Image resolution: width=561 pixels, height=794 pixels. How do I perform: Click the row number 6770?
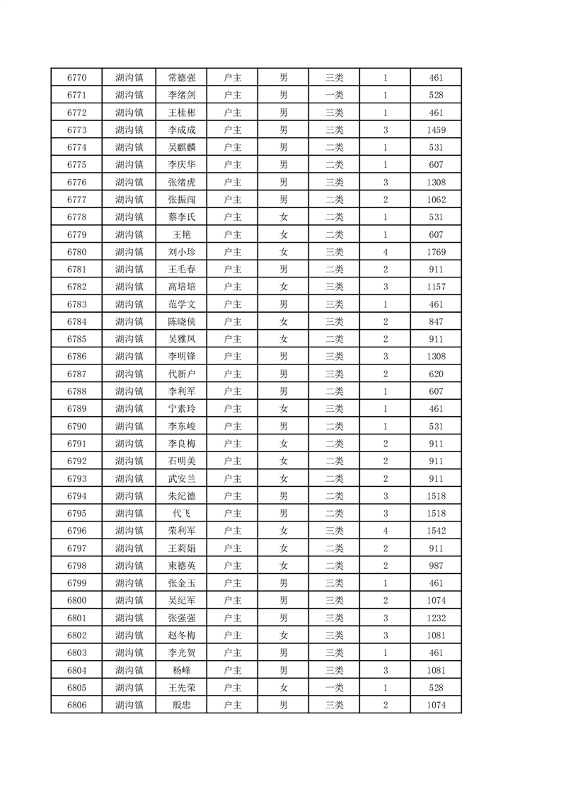[x=76, y=78]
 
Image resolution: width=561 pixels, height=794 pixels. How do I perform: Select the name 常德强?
[x=182, y=78]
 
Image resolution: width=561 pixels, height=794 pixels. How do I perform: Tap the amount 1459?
[x=436, y=130]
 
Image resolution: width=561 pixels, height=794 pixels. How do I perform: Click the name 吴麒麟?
[x=182, y=147]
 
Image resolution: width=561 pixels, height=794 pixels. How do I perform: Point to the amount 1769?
[x=436, y=252]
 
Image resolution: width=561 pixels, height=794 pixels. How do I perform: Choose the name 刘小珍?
[x=182, y=252]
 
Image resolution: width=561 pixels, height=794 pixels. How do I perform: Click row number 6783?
[x=76, y=304]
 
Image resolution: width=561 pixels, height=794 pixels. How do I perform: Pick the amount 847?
[x=436, y=321]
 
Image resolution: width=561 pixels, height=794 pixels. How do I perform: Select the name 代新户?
[x=182, y=374]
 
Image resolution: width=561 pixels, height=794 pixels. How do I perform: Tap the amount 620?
[x=436, y=374]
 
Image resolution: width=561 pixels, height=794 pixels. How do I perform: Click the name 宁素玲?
[x=182, y=409]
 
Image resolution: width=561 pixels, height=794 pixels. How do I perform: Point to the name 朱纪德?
[x=182, y=496]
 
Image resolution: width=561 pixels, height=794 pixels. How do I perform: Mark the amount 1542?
[x=436, y=531]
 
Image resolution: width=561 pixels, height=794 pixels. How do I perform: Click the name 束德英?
[x=182, y=565]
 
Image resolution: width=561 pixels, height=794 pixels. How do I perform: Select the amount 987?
[x=436, y=565]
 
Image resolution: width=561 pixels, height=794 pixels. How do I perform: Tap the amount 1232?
[x=436, y=618]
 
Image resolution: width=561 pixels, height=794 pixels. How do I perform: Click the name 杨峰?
[x=182, y=670]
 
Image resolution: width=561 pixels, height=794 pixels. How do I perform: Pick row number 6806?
[x=76, y=705]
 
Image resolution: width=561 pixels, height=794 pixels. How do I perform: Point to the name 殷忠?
[x=182, y=705]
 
